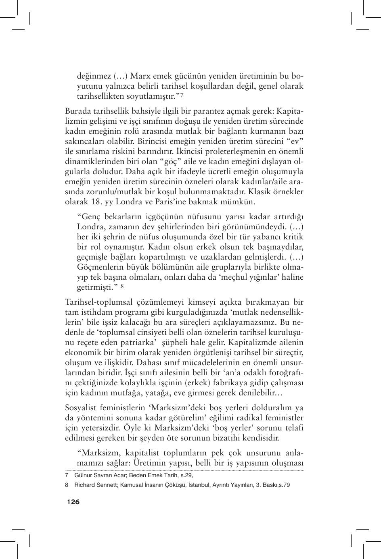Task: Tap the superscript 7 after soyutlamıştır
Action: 182,95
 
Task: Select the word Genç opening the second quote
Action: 88,216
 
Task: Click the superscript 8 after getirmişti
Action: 122,287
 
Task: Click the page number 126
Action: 73,502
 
